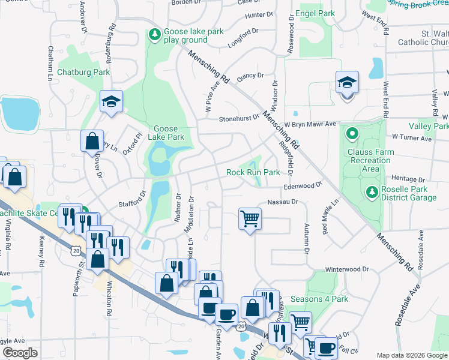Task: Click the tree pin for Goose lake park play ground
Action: pyautogui.click(x=155, y=32)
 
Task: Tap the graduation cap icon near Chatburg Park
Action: pyautogui.click(x=111, y=101)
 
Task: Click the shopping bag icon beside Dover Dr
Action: pyautogui.click(x=92, y=141)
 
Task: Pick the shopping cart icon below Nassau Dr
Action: pyautogui.click(x=250, y=218)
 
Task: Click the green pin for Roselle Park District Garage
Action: pyautogui.click(x=371, y=192)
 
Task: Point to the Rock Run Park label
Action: pyautogui.click(x=253, y=172)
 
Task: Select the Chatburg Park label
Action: pyautogui.click(x=83, y=72)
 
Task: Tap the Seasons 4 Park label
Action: pyautogui.click(x=319, y=298)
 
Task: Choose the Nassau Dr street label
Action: pyautogui.click(x=283, y=202)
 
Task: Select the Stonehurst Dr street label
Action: pyautogui.click(x=238, y=118)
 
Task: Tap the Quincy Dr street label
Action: pyautogui.click(x=250, y=76)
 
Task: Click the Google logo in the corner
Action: pyautogui.click(x=20, y=353)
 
